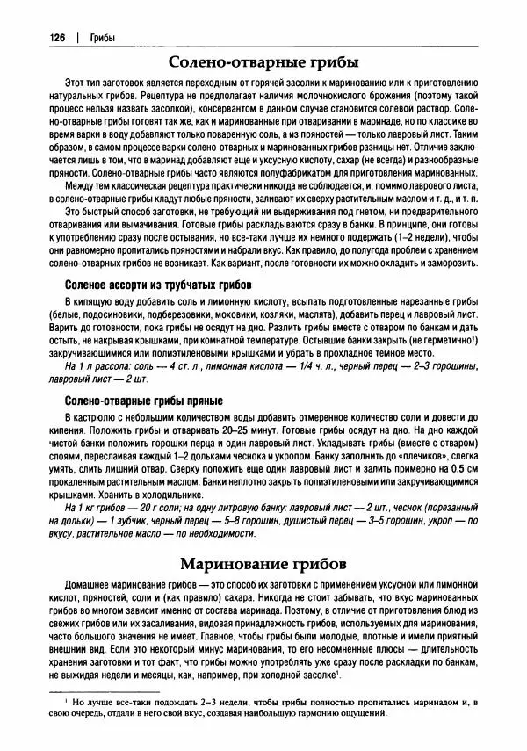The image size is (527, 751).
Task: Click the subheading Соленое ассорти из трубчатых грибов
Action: pyautogui.click(x=160, y=285)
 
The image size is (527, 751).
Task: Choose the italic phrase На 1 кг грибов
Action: pyautogui.click(x=103, y=509)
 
